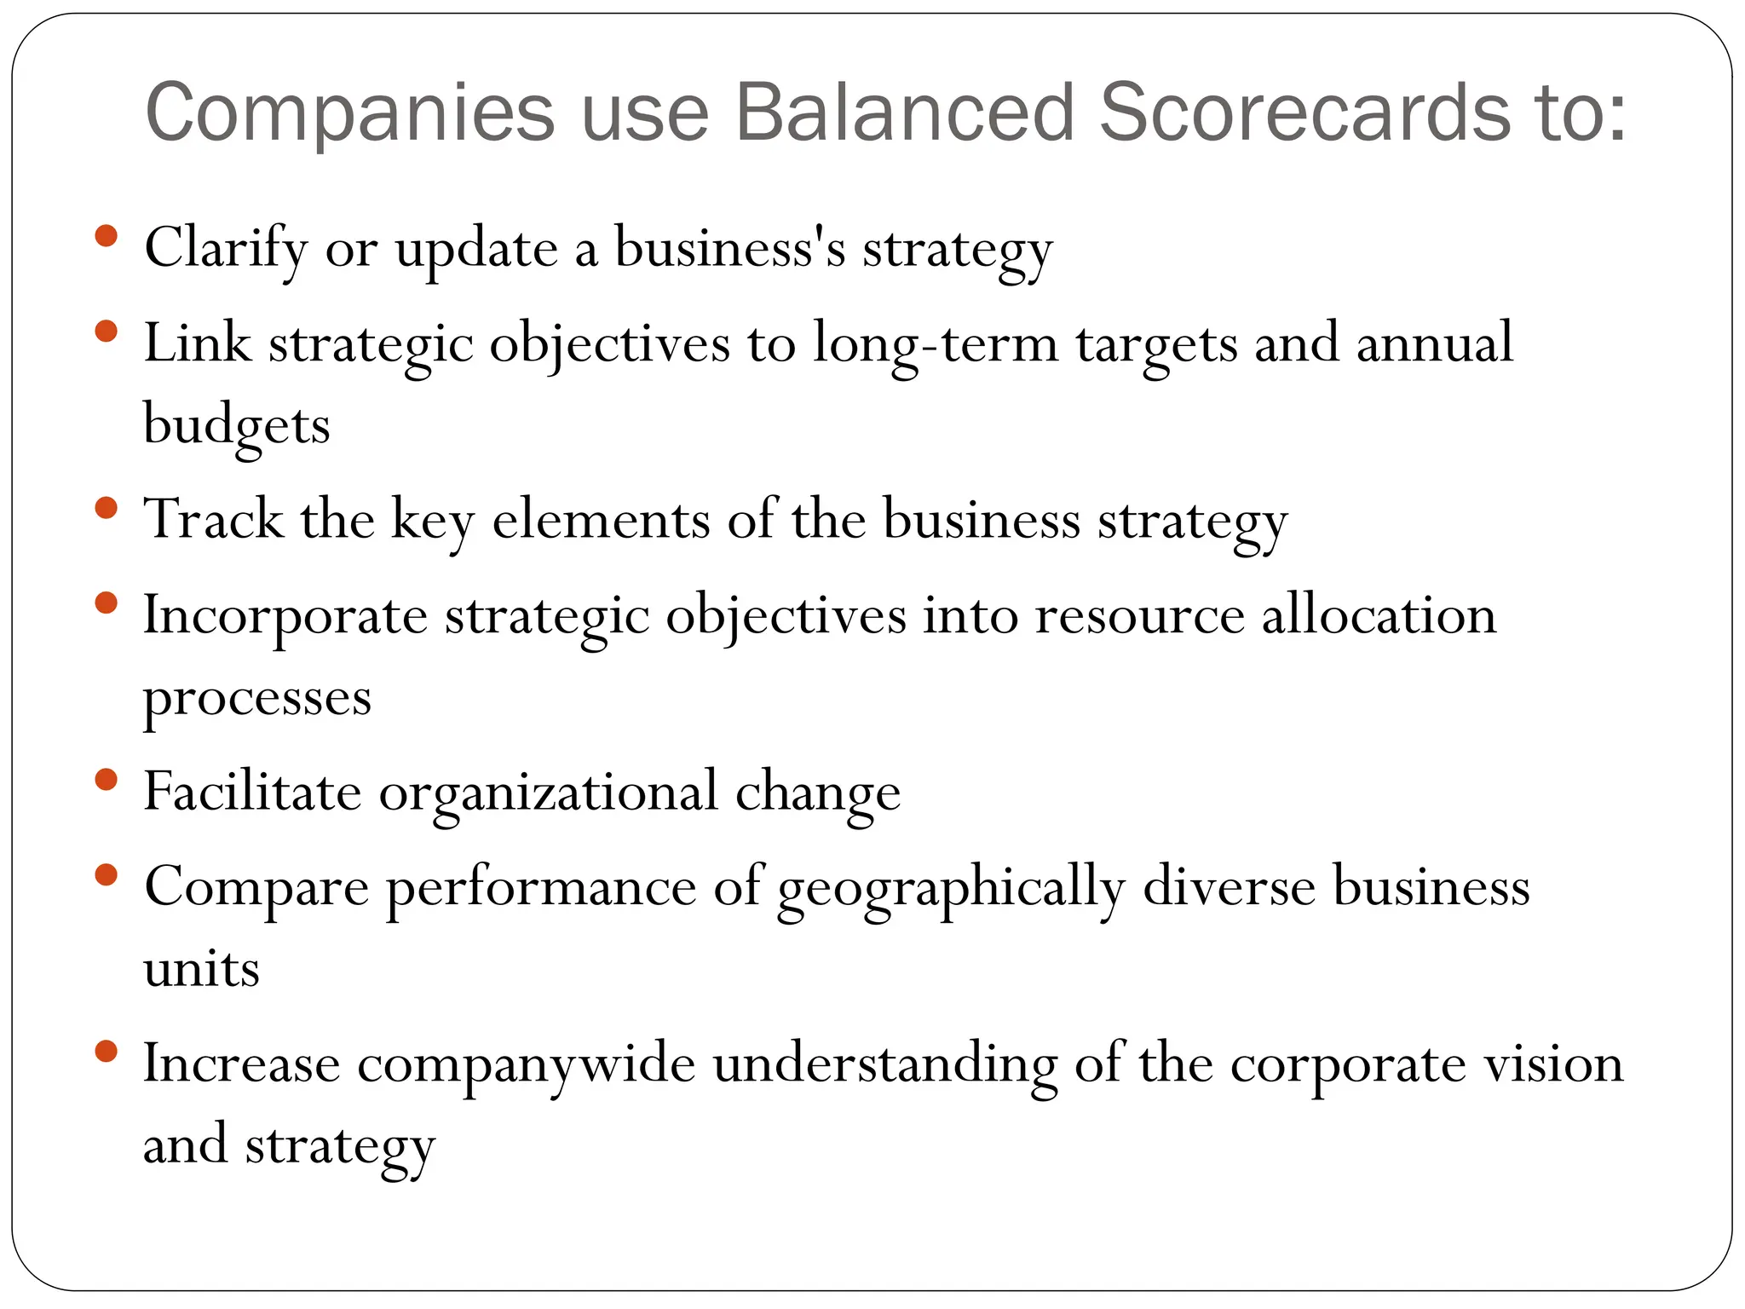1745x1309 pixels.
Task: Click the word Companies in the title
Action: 349,112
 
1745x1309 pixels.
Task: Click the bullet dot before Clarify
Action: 106,236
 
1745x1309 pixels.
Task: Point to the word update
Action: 476,250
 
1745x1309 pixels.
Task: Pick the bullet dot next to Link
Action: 106,331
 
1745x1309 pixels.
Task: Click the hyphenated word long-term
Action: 935,344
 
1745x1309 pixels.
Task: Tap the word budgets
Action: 236,425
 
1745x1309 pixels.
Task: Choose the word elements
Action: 601,519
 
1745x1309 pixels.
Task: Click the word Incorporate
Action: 285,615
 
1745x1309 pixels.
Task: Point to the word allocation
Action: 1378,615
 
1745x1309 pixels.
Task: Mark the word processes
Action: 256,699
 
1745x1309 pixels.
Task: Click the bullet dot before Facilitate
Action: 106,779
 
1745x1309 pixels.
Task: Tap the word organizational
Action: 548,793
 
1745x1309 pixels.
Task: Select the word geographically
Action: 951,888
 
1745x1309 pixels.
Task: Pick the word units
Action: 201,969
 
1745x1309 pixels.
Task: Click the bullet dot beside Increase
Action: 106,1052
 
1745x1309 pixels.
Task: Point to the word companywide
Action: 526,1064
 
